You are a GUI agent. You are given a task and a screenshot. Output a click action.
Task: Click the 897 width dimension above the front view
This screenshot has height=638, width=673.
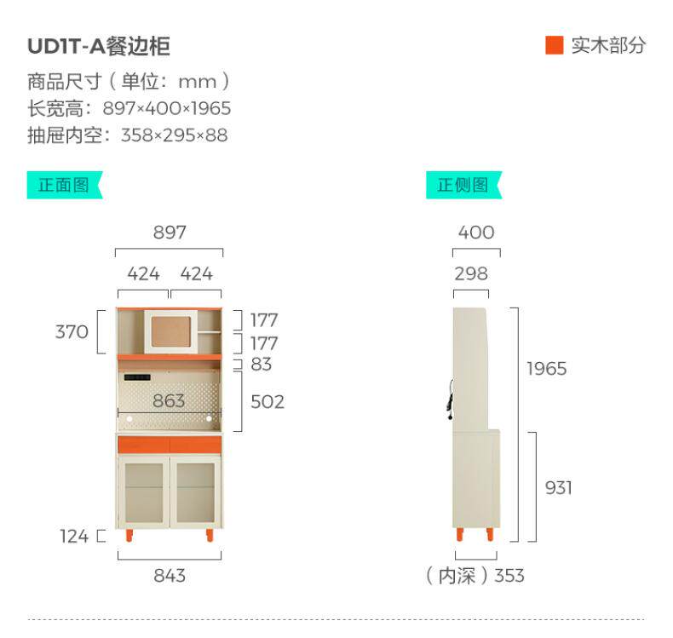170,233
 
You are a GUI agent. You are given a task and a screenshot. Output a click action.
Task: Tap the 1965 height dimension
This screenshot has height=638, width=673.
546,369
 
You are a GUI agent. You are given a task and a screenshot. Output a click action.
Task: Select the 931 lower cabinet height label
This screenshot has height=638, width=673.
558,488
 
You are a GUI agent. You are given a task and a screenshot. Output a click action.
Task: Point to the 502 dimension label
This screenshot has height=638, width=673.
267,402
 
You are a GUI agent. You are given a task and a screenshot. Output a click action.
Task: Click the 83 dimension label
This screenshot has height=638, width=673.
261,365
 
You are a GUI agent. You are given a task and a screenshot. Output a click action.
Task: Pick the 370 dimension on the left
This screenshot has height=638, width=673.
72,331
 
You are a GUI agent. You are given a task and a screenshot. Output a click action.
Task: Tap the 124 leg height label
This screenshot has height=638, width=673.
74,537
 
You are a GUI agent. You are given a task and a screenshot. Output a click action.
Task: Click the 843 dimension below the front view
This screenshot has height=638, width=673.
170,576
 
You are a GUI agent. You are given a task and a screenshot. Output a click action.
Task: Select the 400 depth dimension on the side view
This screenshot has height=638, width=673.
476,233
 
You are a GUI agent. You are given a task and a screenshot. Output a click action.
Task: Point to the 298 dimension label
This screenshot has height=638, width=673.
471,273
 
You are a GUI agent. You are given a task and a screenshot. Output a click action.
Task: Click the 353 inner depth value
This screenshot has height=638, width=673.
509,576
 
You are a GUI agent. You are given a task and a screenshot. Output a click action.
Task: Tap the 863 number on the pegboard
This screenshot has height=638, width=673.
169,400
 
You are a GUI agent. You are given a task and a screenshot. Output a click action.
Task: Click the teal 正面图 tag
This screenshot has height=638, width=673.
65,185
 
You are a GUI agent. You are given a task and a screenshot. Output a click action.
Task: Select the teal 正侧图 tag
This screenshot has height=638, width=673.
463,185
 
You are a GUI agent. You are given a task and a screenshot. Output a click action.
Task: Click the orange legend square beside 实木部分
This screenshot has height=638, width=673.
554,45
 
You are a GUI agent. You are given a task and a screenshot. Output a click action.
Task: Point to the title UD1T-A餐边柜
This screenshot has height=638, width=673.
99,46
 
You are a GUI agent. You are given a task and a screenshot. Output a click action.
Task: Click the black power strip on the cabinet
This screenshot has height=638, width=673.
137,377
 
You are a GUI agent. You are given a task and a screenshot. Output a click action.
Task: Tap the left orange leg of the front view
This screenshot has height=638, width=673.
129,535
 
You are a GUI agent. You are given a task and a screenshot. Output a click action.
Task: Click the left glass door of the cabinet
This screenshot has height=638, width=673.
144,492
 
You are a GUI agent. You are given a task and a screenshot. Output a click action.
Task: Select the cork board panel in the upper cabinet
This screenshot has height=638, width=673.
171,331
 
